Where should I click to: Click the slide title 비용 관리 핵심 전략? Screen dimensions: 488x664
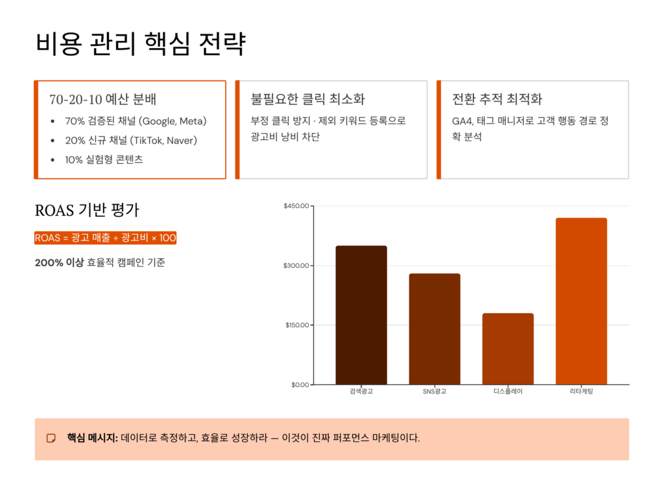coord(140,44)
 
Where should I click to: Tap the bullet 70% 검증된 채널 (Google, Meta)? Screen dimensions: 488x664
coord(136,121)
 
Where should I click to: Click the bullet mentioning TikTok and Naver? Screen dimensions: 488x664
coord(131,141)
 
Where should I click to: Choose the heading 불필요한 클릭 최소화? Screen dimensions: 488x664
coord(307,99)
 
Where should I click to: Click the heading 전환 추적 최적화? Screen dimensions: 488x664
coord(497,99)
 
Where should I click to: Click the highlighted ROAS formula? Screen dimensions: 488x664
coord(105,238)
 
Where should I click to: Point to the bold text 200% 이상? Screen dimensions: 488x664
coord(59,262)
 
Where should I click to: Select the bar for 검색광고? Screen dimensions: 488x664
coord(361,315)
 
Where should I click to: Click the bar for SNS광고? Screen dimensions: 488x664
coord(434,329)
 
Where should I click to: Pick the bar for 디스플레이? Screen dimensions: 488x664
coord(508,349)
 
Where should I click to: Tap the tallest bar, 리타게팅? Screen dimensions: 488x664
coord(581,301)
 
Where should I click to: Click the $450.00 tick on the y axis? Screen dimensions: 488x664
coord(296,206)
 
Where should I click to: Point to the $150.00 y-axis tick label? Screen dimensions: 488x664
coord(296,325)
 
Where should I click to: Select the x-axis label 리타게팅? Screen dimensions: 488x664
coord(581,391)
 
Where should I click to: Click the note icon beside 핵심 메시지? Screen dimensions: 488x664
coord(51,439)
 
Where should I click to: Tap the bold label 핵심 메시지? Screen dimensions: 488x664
coord(92,438)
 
